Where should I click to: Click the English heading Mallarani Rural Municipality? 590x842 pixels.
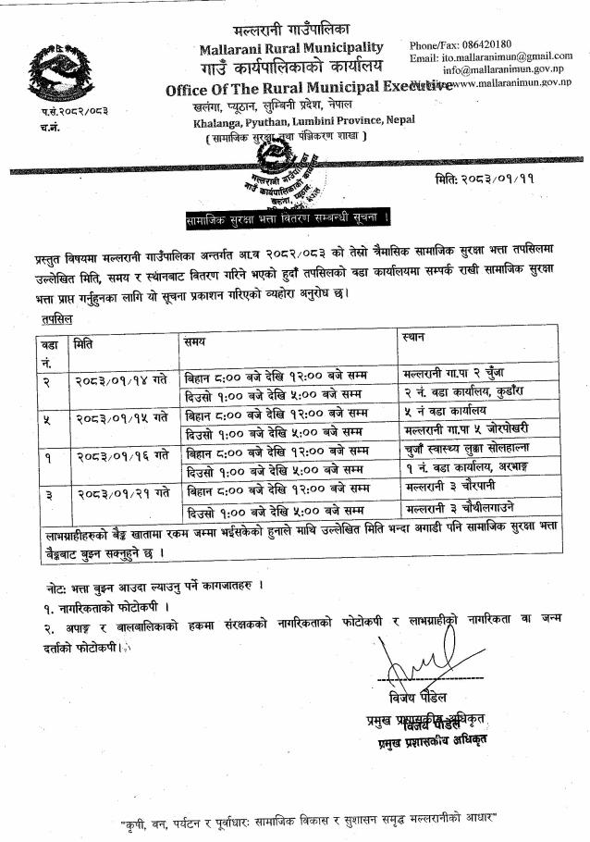(290, 47)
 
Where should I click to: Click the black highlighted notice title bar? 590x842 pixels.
(288, 218)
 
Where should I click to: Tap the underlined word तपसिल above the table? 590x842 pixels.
(57, 318)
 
